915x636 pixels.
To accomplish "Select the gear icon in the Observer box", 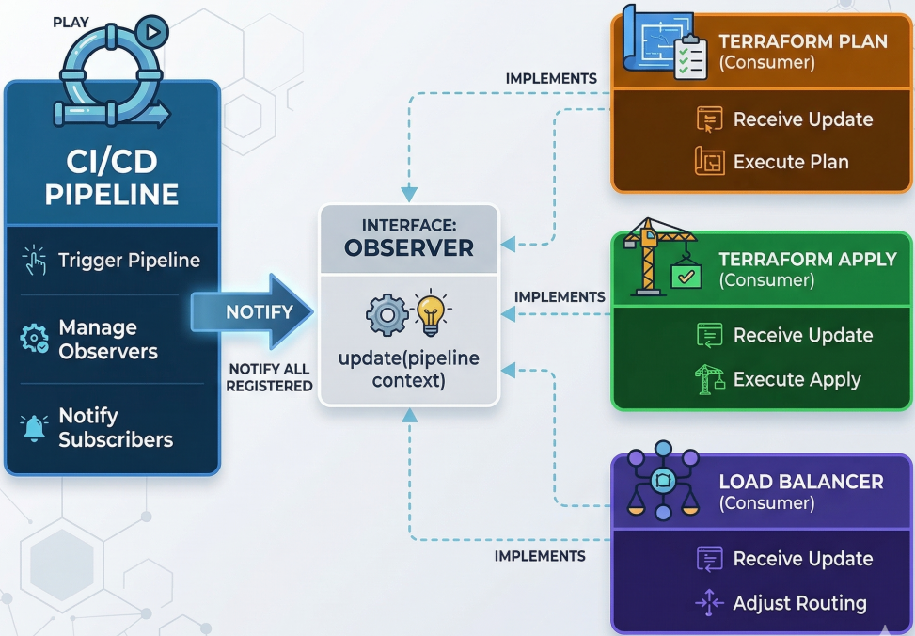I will click(387, 315).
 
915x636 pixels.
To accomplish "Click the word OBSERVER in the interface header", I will click(408, 247).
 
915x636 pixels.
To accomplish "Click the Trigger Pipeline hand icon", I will click(34, 261).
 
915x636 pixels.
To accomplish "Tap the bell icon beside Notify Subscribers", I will click(35, 428).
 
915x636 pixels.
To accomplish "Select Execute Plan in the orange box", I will click(790, 162).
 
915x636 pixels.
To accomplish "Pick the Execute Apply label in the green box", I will click(797, 379).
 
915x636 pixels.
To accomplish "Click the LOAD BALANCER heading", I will click(800, 482).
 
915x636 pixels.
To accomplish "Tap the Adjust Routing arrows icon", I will click(709, 603).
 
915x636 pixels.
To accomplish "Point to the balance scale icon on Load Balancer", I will click(663, 482).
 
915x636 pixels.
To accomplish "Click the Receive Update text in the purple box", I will click(802, 559).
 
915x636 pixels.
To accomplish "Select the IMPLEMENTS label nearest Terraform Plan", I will click(551, 79).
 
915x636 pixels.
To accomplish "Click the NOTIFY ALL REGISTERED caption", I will click(270, 377).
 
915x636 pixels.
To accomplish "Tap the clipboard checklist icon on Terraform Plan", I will click(690, 56).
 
